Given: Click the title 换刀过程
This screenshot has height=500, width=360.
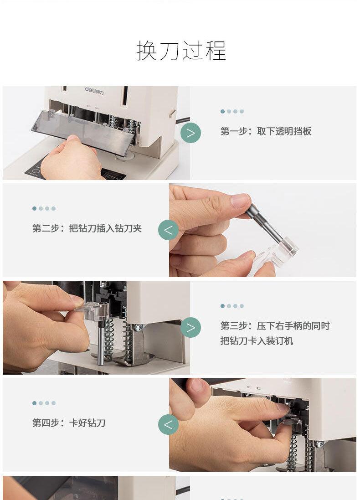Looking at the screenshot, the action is click(x=181, y=51).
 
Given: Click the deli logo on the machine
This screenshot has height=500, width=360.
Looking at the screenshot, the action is click(x=94, y=91).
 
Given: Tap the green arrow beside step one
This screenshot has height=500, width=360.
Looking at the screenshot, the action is click(x=190, y=133).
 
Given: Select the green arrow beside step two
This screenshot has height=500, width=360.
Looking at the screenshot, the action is click(x=168, y=230).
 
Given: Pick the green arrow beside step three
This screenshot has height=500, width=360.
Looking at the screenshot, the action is click(x=190, y=328).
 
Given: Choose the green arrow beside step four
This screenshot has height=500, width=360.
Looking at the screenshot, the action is click(x=168, y=425).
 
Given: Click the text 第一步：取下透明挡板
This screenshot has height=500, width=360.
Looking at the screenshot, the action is click(x=266, y=131).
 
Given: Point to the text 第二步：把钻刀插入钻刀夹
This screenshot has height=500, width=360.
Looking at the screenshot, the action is click(x=87, y=228).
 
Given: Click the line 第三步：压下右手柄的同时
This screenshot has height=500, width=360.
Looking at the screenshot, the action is click(x=275, y=326).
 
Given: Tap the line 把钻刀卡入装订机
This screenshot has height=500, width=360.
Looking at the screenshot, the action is click(x=257, y=341).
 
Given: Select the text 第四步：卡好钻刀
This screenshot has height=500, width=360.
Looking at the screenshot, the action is click(x=69, y=423).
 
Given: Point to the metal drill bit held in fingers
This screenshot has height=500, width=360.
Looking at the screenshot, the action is click(x=264, y=223).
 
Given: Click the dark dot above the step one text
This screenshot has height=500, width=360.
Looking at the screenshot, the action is click(x=222, y=111).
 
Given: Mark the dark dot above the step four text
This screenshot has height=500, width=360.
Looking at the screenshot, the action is click(x=35, y=403).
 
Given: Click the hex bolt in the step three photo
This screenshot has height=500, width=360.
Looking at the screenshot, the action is click(x=139, y=328).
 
